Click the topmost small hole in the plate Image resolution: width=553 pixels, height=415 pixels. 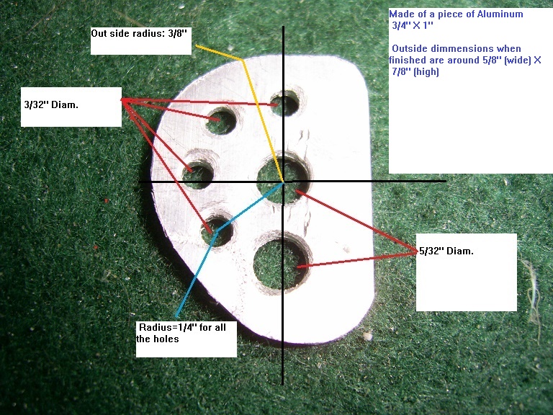[284, 104]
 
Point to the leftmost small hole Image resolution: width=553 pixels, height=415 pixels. [198, 172]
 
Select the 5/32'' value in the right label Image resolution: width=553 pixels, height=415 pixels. [431, 251]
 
